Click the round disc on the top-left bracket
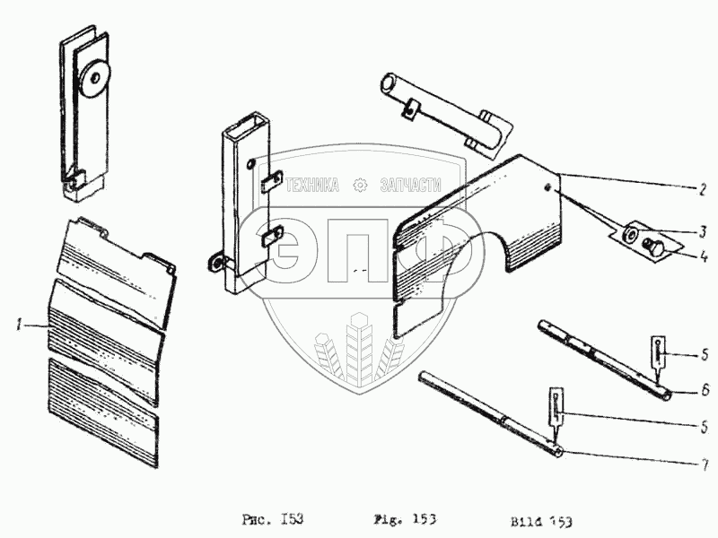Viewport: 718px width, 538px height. point(92,79)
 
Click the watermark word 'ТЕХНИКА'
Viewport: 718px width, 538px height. point(312,185)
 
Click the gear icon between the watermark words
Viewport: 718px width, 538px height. point(362,185)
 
